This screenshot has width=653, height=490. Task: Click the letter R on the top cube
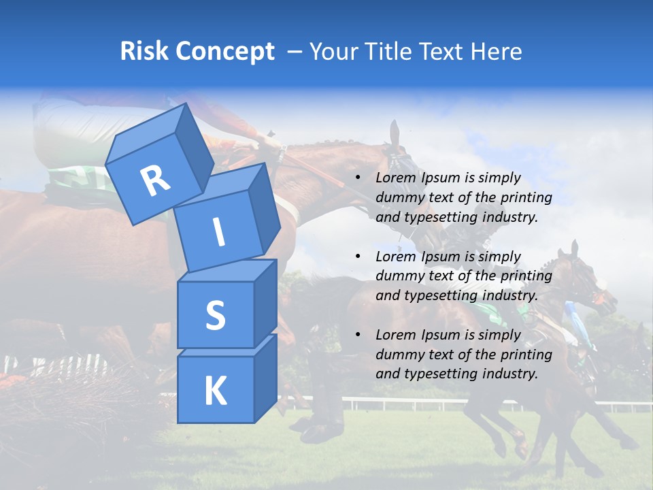155,180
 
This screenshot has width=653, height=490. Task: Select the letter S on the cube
215,315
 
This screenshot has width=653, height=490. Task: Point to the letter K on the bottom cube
215,391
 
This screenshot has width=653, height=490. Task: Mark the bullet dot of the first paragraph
358,178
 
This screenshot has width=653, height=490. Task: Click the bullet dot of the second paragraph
358,257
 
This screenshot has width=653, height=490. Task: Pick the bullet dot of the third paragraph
358,335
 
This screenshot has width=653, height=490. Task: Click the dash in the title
295,52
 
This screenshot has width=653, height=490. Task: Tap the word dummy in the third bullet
398,355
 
